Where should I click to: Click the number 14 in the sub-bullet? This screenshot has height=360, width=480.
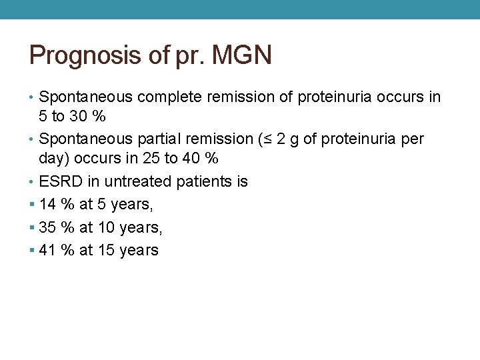click(48, 205)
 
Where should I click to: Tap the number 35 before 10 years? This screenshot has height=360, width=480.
click(48, 227)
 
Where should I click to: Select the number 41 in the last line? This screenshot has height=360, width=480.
click(48, 250)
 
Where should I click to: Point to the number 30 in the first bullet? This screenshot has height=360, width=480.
click(79, 117)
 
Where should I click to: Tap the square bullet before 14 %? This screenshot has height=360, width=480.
click(32, 205)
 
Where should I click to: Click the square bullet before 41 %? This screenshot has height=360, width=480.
click(32, 250)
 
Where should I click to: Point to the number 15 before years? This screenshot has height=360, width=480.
click(106, 250)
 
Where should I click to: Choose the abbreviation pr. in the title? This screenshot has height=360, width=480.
click(191, 55)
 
